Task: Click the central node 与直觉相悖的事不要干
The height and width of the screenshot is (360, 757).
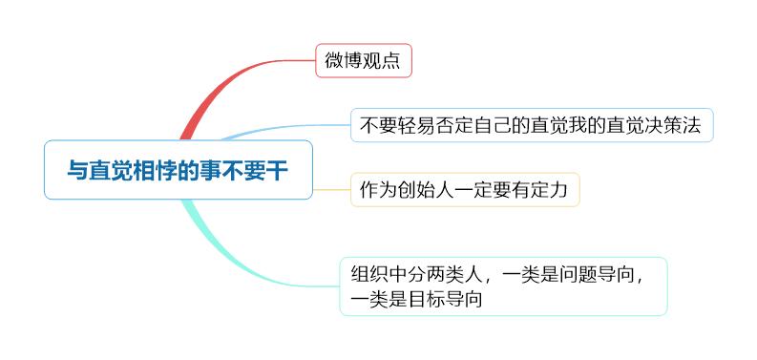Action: point(178,170)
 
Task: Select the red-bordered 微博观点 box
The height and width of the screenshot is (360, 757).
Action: point(363,62)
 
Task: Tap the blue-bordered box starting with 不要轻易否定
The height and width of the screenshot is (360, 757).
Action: point(532,125)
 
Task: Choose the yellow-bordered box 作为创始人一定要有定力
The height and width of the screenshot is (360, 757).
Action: point(464,189)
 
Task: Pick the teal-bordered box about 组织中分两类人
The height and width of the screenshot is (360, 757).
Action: point(502,286)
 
